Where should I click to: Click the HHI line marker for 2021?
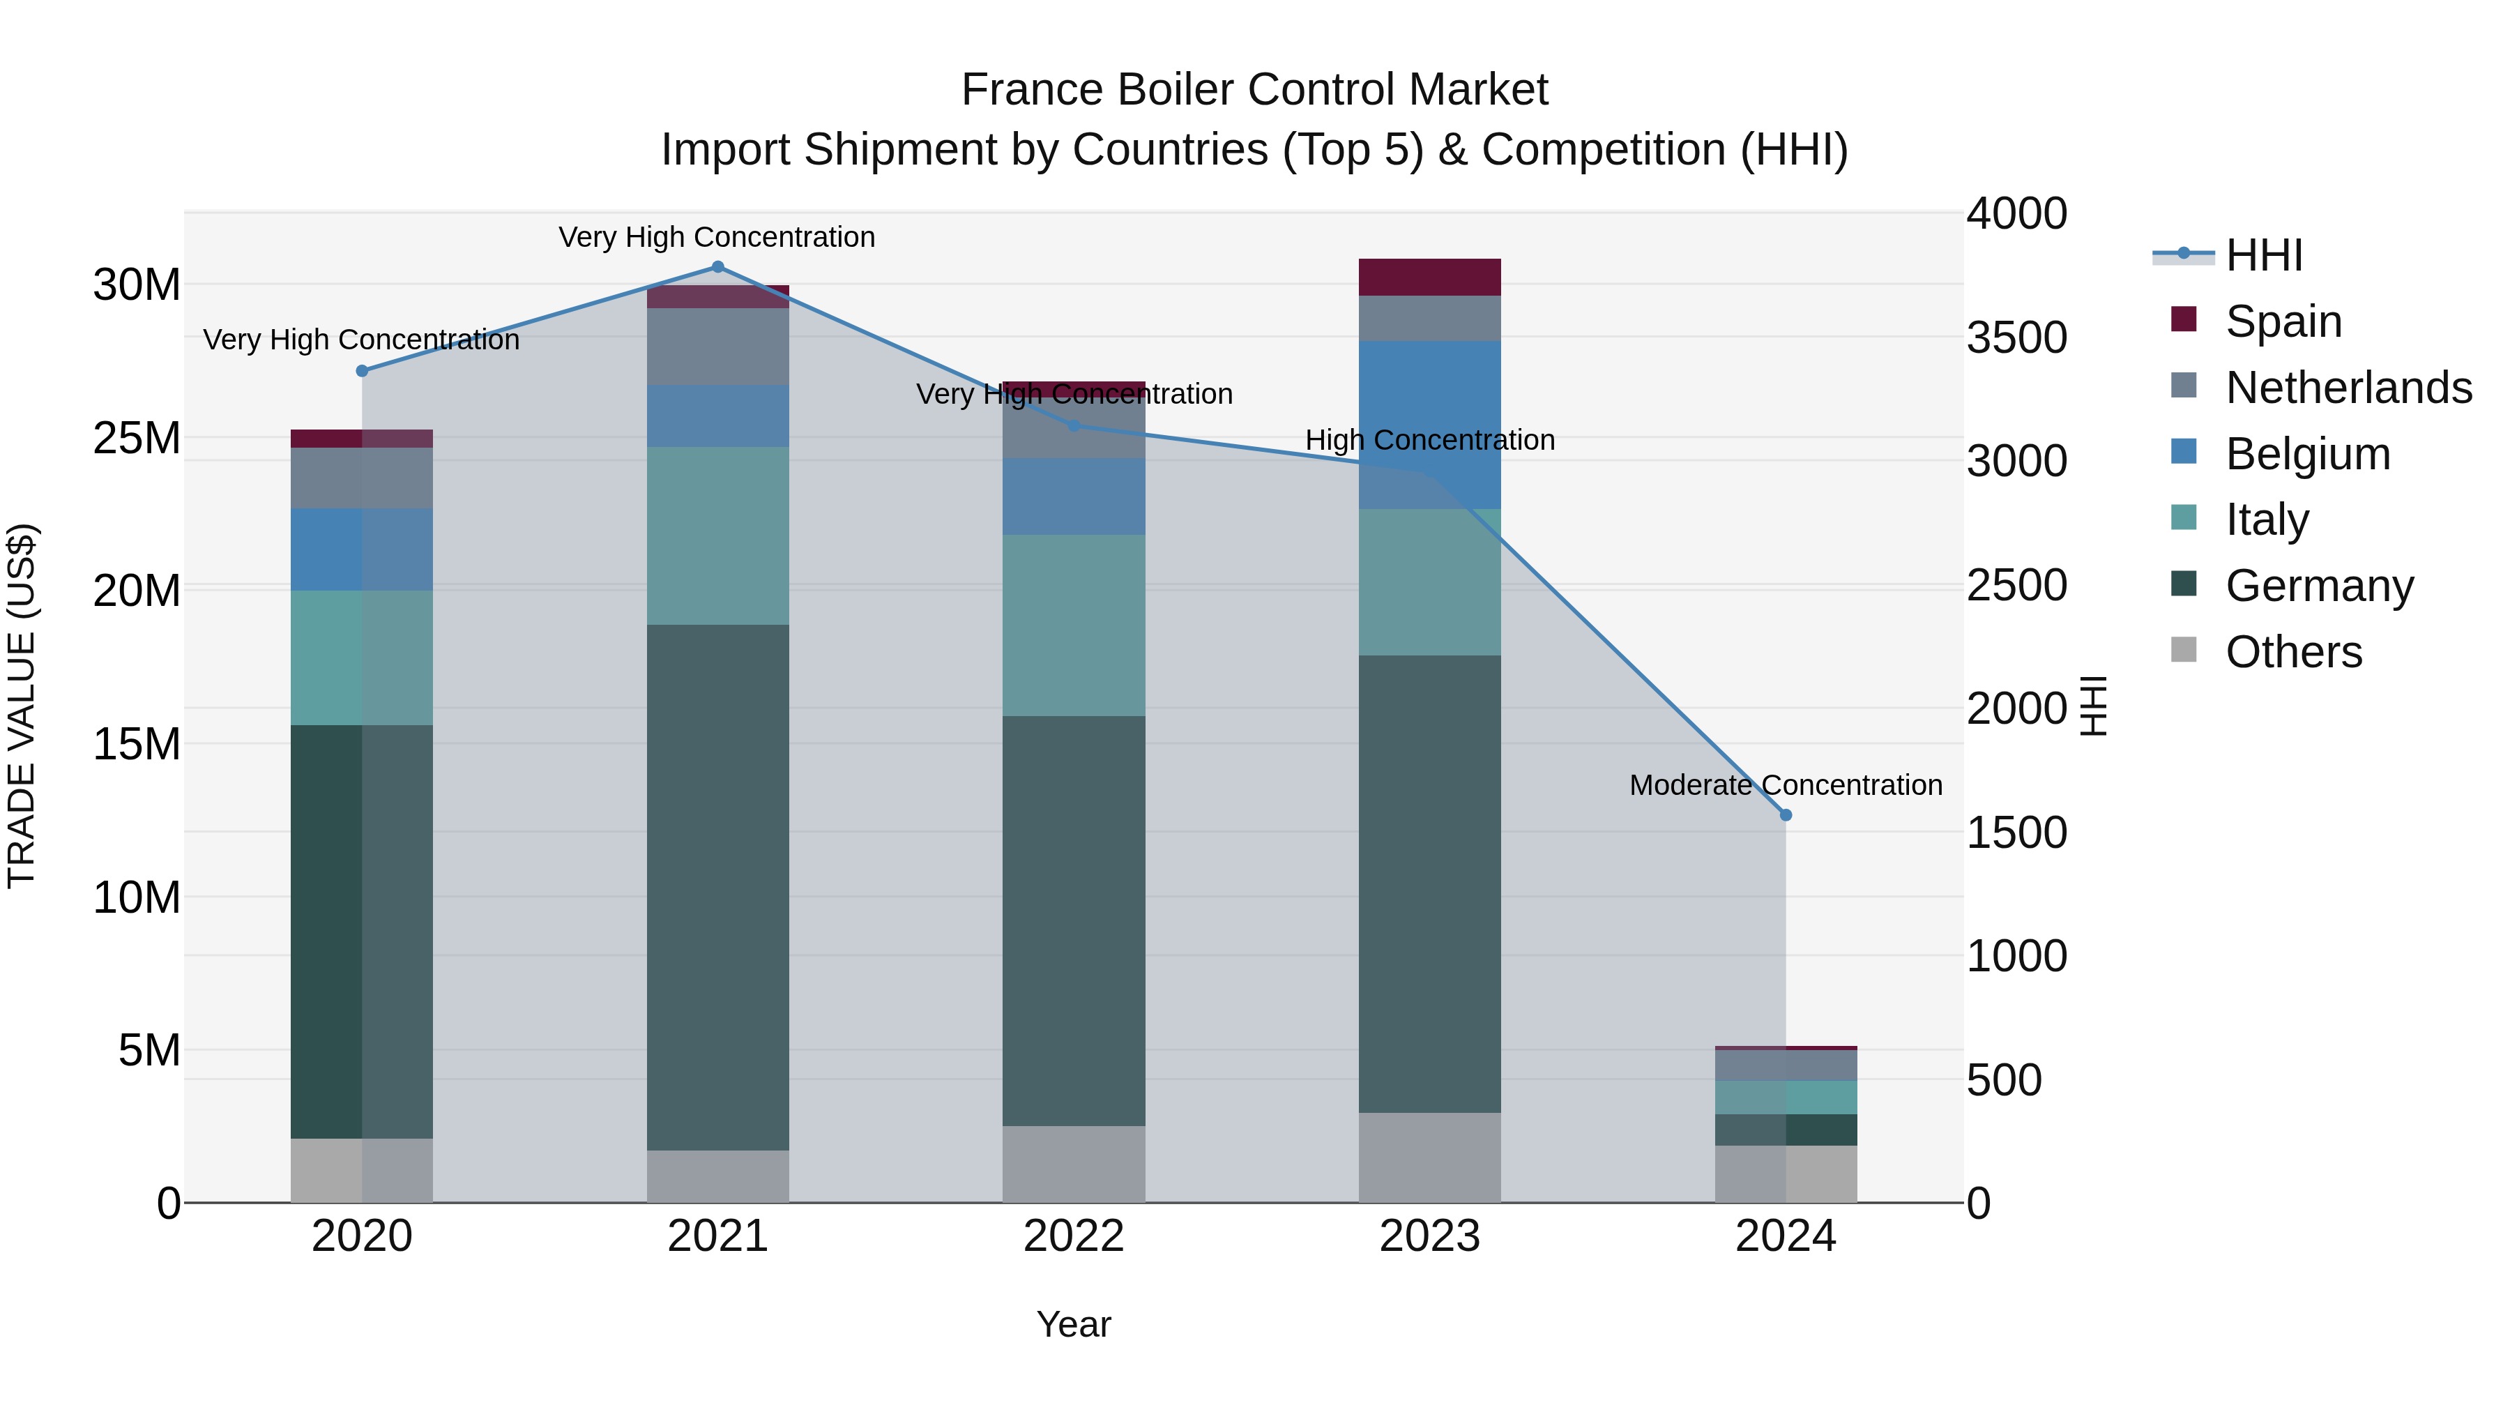tap(718, 267)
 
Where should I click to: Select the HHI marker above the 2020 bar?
tap(363, 370)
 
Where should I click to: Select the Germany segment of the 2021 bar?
tap(718, 887)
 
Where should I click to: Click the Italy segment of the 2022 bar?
tap(1074, 625)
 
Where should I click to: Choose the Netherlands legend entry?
tap(2348, 388)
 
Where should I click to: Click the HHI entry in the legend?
tap(2263, 255)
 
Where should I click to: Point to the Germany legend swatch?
tap(2184, 585)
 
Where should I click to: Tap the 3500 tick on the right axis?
tap(2016, 337)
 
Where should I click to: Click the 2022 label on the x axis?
tap(1074, 1236)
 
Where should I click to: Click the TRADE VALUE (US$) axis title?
tap(22, 706)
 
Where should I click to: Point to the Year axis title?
tap(1074, 1324)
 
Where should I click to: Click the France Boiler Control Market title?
tap(1254, 90)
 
